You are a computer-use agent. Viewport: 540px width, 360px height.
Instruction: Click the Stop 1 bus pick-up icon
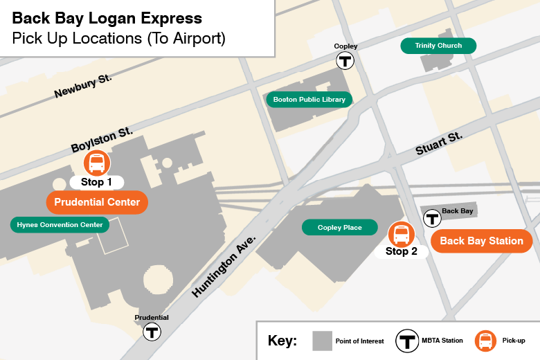pyautogui.click(x=97, y=163)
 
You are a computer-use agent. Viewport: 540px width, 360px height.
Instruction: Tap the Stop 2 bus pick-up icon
pyautogui.click(x=401, y=235)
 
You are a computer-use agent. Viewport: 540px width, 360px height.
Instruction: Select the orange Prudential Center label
pyautogui.click(x=97, y=202)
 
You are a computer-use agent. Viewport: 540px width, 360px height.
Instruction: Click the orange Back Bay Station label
pyautogui.click(x=482, y=241)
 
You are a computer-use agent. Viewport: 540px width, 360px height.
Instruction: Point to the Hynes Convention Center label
pyautogui.click(x=60, y=224)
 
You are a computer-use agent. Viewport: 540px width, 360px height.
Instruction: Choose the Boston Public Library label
pyautogui.click(x=309, y=100)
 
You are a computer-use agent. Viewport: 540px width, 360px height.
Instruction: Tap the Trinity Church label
pyautogui.click(x=438, y=46)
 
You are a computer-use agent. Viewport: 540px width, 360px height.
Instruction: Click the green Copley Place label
pyautogui.click(x=339, y=227)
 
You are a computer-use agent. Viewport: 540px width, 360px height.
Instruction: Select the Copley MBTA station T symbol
pyautogui.click(x=345, y=61)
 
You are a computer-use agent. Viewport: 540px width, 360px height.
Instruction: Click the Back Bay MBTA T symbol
pyautogui.click(x=433, y=219)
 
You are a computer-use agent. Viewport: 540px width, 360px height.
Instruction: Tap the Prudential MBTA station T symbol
pyautogui.click(x=152, y=332)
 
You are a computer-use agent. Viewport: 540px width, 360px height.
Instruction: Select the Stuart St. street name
pyautogui.click(x=439, y=143)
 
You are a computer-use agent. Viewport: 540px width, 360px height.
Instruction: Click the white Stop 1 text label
pyautogui.click(x=96, y=183)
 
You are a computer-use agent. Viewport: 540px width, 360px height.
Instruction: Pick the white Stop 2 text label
pyautogui.click(x=401, y=252)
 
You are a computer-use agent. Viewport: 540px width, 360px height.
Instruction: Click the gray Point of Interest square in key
pyautogui.click(x=321, y=341)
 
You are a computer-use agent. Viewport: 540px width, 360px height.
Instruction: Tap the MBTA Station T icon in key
pyautogui.click(x=407, y=341)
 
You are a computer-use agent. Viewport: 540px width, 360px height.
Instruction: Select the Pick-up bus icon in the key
pyautogui.click(x=485, y=341)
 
